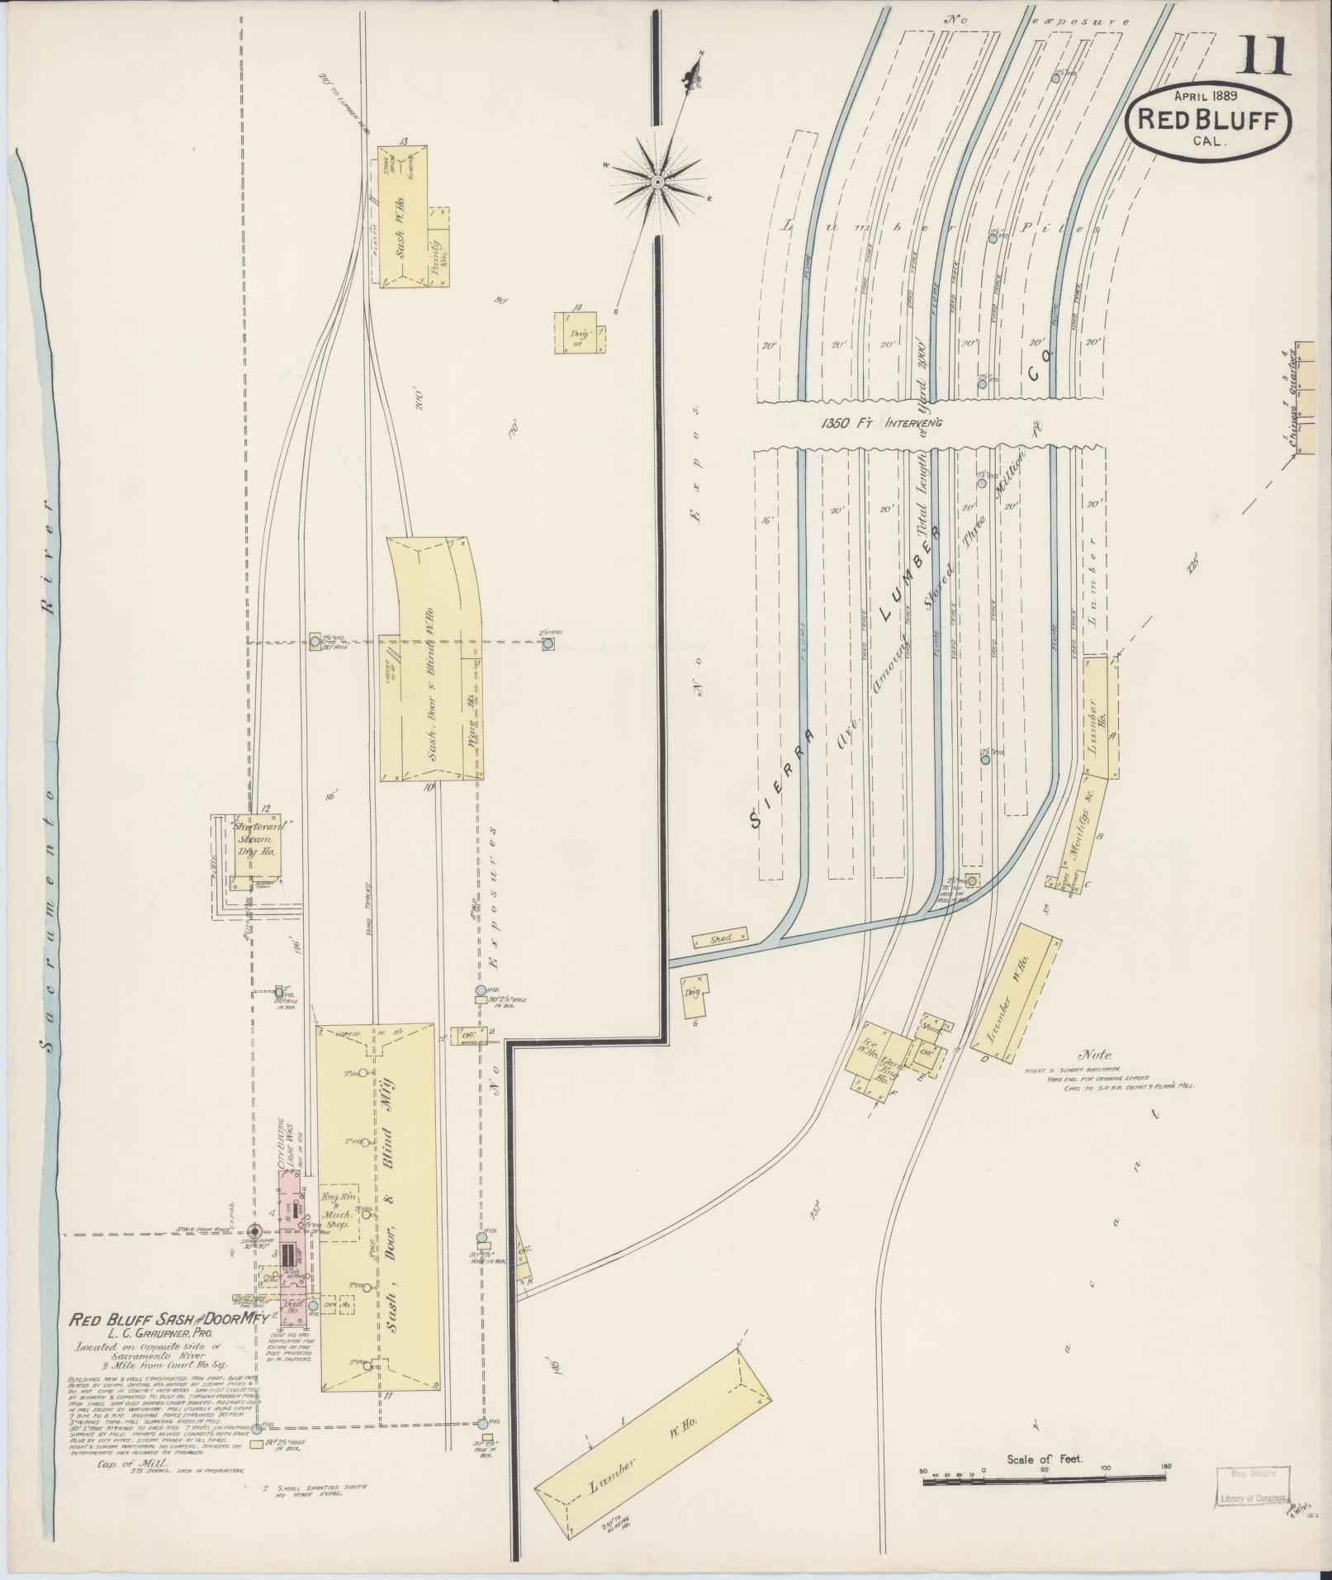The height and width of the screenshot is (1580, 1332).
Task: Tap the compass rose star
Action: click(x=657, y=181)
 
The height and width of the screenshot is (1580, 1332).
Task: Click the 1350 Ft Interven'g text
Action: click(x=882, y=424)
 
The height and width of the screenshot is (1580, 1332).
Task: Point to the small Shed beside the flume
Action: click(x=721, y=938)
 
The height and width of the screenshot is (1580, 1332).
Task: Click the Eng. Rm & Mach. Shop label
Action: click(x=336, y=1216)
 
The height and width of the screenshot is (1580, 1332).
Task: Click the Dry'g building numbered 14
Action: click(x=579, y=334)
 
